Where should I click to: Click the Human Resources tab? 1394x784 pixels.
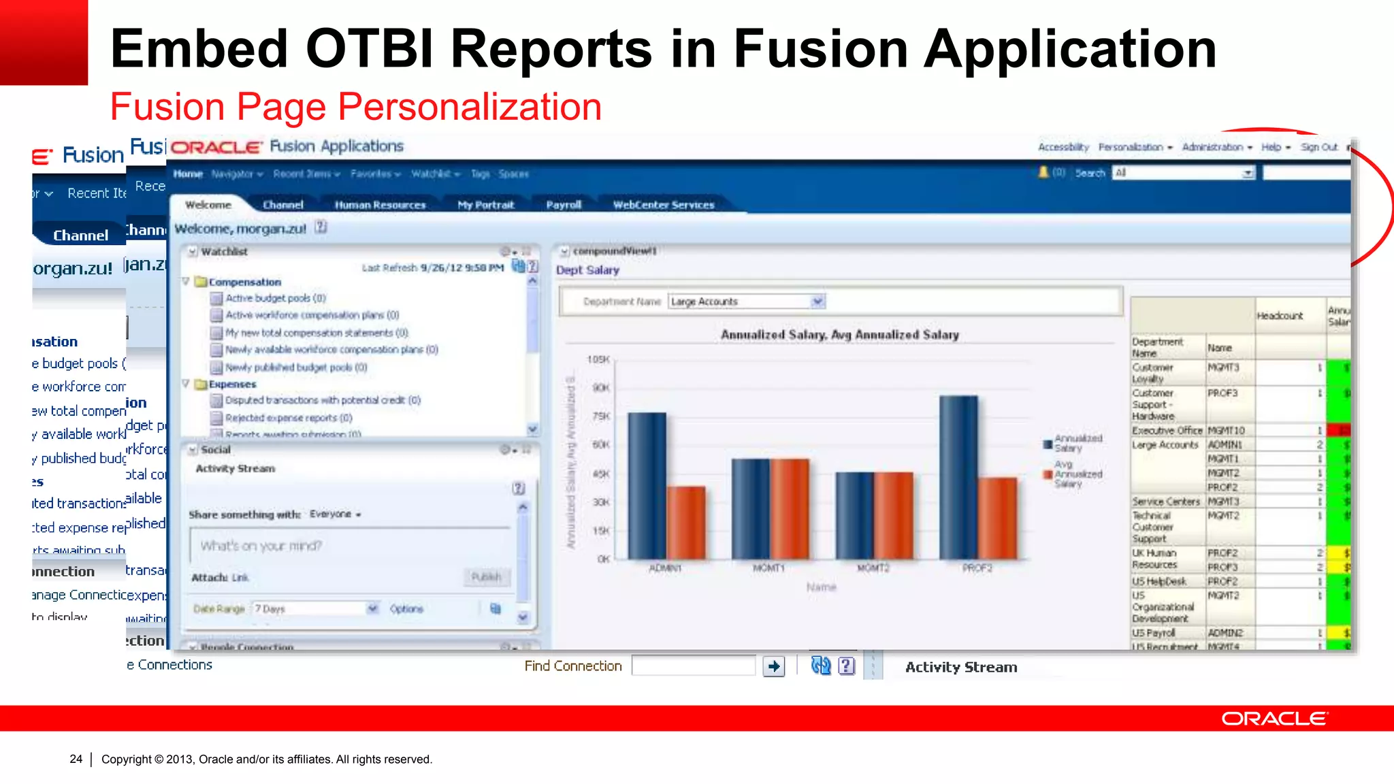tap(380, 205)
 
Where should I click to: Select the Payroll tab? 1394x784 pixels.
tap(564, 205)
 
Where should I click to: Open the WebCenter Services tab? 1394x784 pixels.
tap(663, 205)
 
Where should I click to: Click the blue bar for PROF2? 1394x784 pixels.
tap(958, 476)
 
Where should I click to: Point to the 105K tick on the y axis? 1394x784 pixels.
tap(598, 359)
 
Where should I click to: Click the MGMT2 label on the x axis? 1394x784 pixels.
tap(873, 568)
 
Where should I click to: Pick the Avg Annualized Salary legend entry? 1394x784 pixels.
tap(1077, 474)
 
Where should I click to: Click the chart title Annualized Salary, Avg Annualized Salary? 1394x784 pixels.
tap(839, 335)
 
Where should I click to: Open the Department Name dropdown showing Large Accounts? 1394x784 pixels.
tap(817, 301)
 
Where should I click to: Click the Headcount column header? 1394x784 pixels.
tap(1280, 316)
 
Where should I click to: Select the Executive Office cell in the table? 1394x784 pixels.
tap(1167, 431)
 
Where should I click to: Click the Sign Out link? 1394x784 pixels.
tap(1318, 147)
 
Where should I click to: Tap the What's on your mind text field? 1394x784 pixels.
tap(350, 546)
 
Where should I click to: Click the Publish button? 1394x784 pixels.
tap(486, 577)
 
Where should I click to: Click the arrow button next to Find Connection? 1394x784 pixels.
tap(774, 666)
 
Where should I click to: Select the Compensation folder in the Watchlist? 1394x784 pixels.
tap(244, 282)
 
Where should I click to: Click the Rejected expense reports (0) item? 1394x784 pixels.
tap(289, 418)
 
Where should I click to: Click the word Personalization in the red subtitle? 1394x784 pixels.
tap(469, 107)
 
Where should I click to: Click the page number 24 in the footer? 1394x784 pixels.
tap(76, 759)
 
